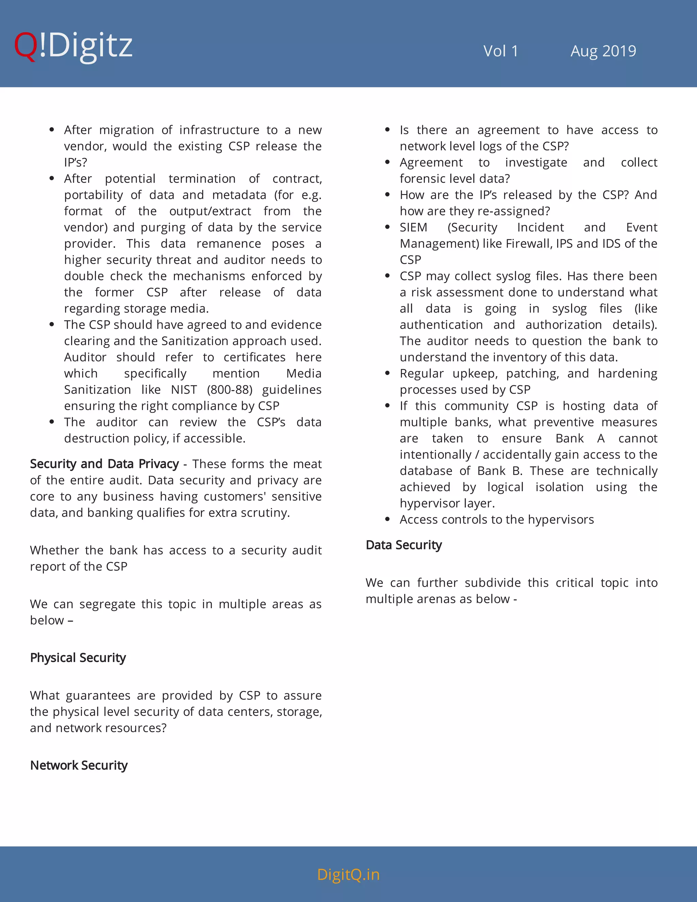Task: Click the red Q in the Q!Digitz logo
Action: [26, 46]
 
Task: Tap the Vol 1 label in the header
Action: [500, 51]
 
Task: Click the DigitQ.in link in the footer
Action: [348, 874]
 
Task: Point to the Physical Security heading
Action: [78, 658]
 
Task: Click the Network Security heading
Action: [79, 765]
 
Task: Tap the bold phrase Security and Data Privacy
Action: [104, 464]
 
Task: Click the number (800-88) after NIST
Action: [230, 389]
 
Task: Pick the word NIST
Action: [184, 389]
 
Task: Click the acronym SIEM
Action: [413, 227]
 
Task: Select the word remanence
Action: [228, 244]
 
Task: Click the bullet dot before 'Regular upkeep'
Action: [387, 373]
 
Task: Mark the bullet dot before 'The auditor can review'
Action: [52, 422]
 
